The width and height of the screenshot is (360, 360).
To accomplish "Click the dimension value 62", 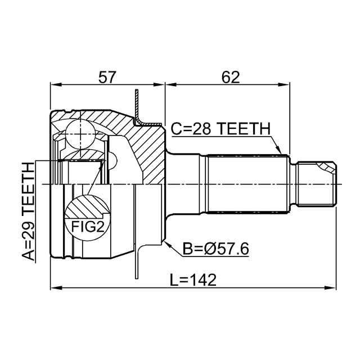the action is (x=231, y=77).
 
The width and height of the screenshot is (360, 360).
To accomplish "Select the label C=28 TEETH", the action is (x=220, y=129).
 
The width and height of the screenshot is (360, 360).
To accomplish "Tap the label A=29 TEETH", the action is (x=28, y=211).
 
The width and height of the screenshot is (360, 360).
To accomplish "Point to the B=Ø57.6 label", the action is (x=216, y=249).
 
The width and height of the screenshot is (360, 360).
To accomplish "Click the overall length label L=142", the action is (x=193, y=280).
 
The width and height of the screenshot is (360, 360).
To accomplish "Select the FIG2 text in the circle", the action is (x=88, y=226).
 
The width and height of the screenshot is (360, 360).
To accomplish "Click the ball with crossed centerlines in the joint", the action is (x=80, y=134).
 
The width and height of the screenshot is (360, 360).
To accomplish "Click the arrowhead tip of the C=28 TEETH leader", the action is (x=281, y=154).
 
